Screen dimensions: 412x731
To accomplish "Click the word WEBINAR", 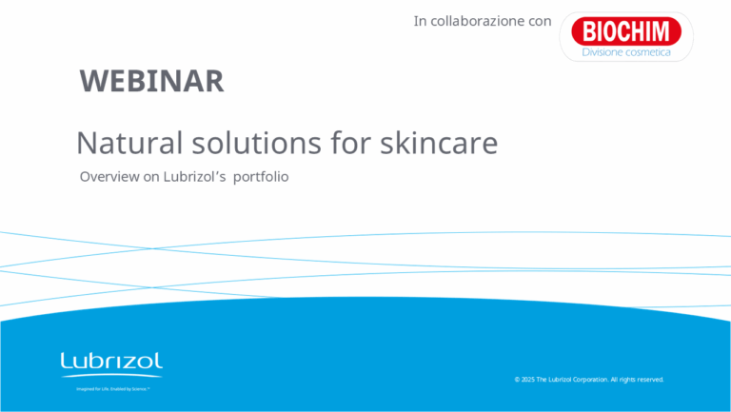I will click(152, 82).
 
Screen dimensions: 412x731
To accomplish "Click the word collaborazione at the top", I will click(478, 21).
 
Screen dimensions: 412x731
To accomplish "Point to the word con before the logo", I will click(540, 21).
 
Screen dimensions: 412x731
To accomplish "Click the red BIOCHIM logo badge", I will click(625, 31).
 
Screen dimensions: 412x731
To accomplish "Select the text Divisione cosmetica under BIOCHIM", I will click(625, 52).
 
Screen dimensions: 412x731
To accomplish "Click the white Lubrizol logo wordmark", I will click(111, 361).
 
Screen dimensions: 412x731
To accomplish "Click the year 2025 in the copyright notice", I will click(527, 380).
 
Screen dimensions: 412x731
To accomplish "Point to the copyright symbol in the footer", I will click(517, 380).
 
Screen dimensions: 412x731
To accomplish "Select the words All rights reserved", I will click(637, 380).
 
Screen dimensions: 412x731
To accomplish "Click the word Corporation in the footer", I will click(585, 380).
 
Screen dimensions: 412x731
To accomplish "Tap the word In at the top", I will click(420, 21).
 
